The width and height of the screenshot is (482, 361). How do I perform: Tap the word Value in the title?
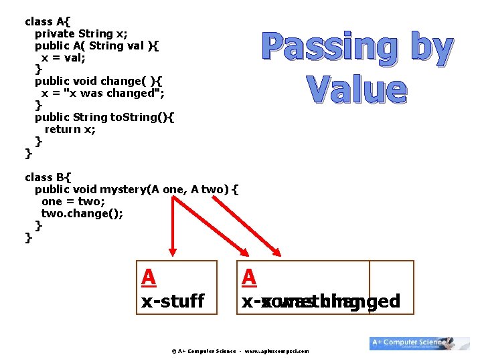(357, 90)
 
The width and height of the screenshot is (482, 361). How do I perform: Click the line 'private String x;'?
(81, 33)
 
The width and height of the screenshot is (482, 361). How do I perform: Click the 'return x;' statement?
(70, 130)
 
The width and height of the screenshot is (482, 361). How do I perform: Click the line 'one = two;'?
(73, 201)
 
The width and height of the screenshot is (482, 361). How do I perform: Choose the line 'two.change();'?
(82, 214)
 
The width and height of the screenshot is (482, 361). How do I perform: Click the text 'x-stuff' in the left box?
(173, 301)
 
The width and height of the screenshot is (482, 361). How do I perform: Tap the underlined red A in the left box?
(149, 277)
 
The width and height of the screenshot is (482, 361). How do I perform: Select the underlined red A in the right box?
(249, 277)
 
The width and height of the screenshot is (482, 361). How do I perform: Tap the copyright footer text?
(240, 351)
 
